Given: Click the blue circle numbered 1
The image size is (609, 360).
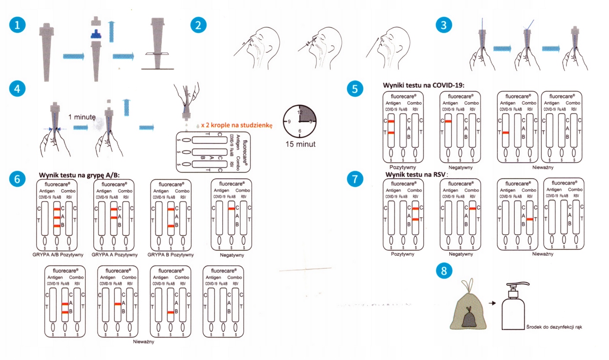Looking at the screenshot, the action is click(17, 25).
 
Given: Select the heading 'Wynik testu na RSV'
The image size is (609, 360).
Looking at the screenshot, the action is click(416, 175).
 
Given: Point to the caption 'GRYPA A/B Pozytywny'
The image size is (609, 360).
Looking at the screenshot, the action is click(56, 255).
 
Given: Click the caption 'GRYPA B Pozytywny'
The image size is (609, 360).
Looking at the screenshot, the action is click(171, 255).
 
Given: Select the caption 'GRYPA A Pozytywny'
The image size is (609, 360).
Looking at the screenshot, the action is click(114, 255).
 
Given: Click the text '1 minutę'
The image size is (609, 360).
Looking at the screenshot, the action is click(82, 117).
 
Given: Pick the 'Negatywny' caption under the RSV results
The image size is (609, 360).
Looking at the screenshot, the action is click(461, 254).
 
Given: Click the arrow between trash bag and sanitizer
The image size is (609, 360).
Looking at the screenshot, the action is click(491, 303).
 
